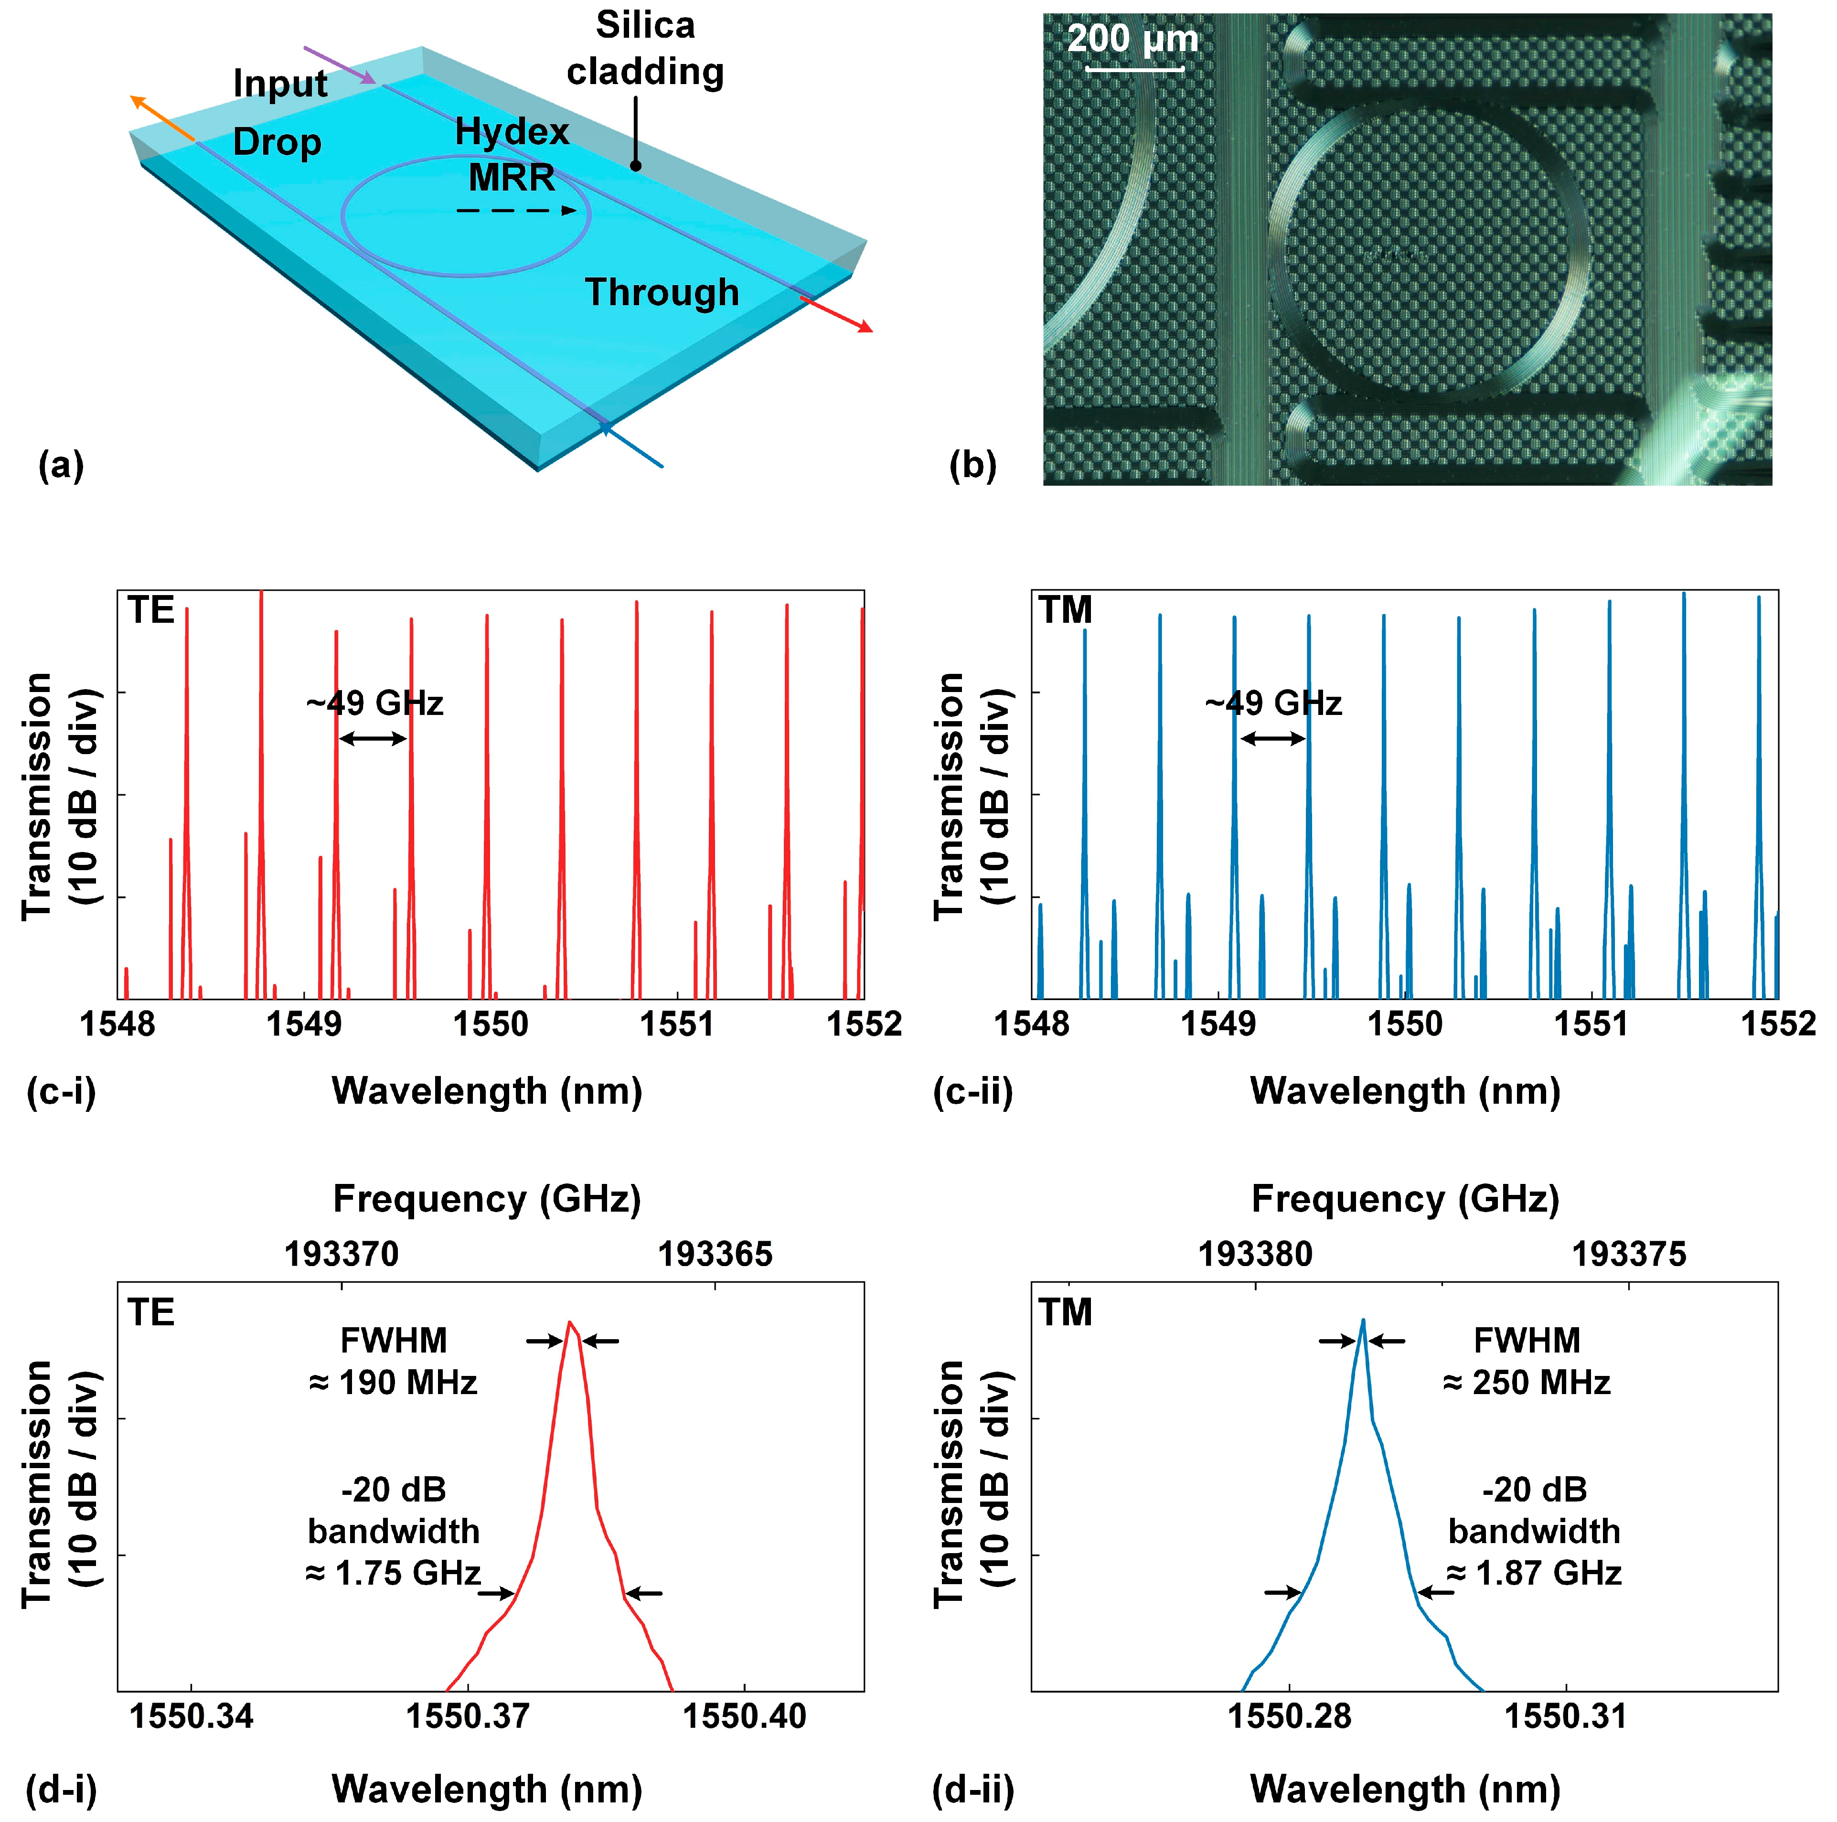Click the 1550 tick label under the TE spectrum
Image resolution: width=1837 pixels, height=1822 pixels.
coord(491,1024)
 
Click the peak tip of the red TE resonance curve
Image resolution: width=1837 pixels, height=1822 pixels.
coord(569,1323)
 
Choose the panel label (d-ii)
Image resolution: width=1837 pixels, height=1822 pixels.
coord(972,1790)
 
